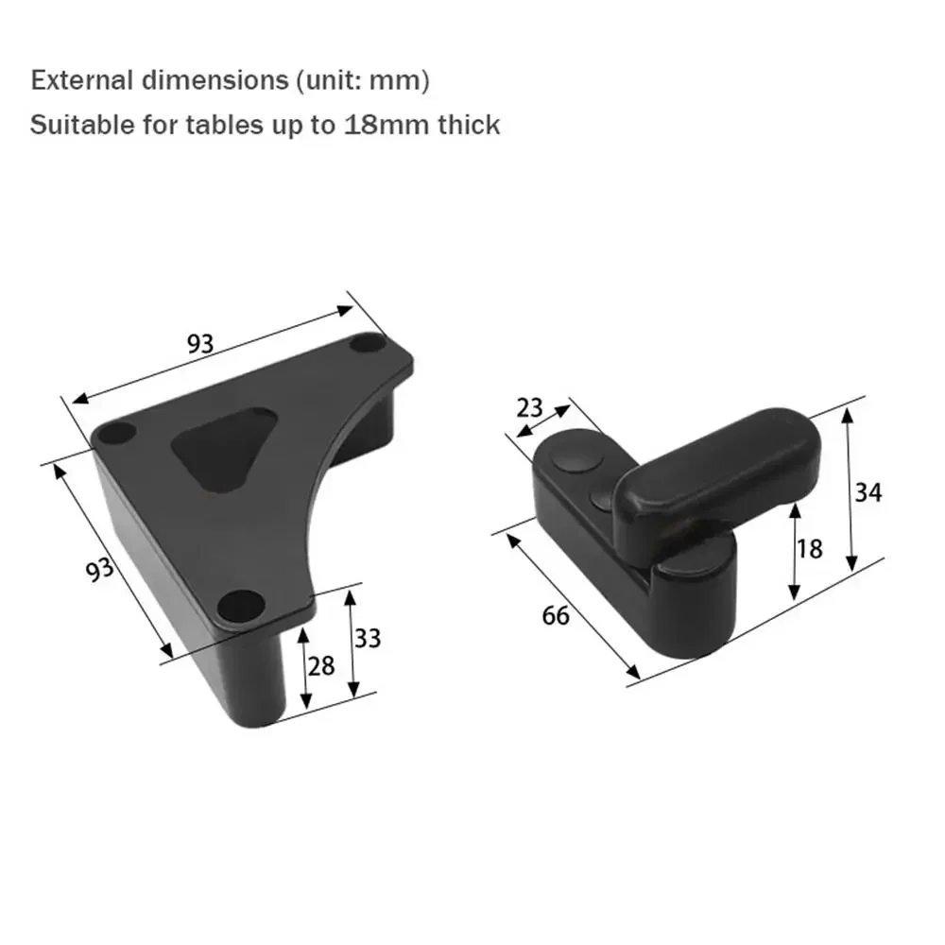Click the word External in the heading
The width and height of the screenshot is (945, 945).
pyautogui.click(x=82, y=81)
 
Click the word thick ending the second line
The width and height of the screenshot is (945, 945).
pyautogui.click(x=469, y=125)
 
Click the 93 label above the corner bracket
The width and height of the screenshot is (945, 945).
pyautogui.click(x=199, y=343)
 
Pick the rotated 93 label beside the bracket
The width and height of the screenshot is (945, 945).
pyautogui.click(x=99, y=571)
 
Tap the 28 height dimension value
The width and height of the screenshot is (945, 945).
pyautogui.click(x=321, y=665)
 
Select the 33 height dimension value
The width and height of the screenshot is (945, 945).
pyautogui.click(x=368, y=639)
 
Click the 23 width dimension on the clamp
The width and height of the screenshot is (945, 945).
pyautogui.click(x=530, y=407)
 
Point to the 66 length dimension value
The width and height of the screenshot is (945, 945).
pyautogui.click(x=556, y=615)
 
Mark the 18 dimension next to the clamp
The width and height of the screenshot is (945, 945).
pyautogui.click(x=810, y=548)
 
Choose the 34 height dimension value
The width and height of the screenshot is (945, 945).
pyautogui.click(x=868, y=491)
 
